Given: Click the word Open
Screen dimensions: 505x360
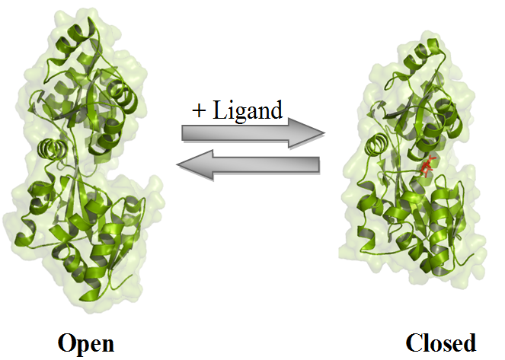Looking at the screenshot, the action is coord(86,342).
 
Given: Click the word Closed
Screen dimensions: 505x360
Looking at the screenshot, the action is coord(441,342).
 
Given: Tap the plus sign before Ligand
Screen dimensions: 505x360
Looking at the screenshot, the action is coord(200,111).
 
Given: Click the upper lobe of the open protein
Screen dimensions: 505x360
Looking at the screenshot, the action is coord(84,84).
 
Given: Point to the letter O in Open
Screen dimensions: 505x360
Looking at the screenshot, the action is coord(67,342).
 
